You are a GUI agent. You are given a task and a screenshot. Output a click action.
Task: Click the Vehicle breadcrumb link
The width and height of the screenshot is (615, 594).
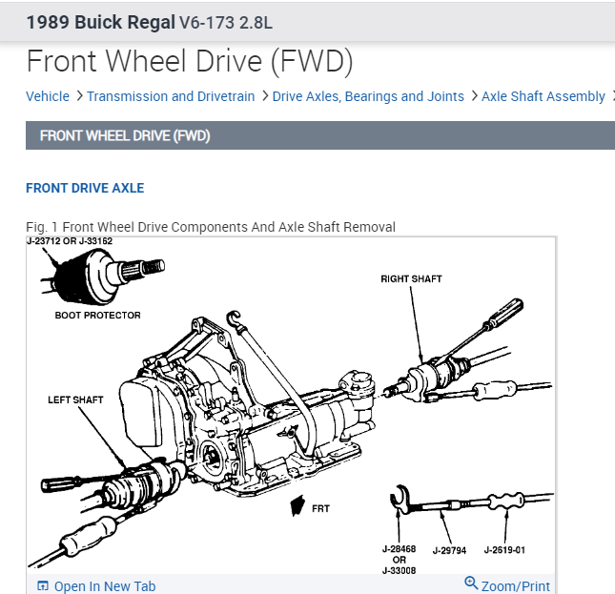click(48, 96)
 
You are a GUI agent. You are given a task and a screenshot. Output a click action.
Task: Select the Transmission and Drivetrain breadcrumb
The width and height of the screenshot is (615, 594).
click(171, 96)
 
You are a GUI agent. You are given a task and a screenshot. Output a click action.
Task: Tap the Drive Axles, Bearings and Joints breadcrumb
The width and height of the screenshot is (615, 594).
click(368, 96)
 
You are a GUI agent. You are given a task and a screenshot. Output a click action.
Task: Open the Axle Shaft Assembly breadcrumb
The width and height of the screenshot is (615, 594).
click(543, 96)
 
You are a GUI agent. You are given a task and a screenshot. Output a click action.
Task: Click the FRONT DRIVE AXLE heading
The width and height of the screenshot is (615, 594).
click(85, 188)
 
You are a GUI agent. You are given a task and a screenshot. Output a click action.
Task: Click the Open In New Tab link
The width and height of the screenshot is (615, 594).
click(104, 586)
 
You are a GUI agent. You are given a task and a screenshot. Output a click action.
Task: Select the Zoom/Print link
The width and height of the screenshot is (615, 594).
click(515, 586)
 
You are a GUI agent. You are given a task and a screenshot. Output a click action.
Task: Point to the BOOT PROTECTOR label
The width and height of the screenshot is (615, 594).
click(97, 316)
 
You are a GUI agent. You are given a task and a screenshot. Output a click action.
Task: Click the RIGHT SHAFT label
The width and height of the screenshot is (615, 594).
click(411, 279)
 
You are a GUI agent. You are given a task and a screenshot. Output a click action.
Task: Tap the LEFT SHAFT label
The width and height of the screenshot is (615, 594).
click(75, 399)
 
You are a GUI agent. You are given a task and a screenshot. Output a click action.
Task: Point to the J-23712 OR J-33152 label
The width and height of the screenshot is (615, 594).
click(70, 242)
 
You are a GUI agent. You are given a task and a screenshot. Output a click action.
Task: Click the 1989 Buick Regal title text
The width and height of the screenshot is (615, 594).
click(100, 20)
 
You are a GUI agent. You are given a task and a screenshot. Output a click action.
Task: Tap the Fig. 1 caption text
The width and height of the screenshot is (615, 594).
click(210, 227)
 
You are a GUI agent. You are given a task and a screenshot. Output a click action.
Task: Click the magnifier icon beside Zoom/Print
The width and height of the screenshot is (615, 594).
click(470, 584)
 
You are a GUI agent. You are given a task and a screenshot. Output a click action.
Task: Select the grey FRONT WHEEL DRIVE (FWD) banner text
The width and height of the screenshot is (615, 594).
click(124, 136)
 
